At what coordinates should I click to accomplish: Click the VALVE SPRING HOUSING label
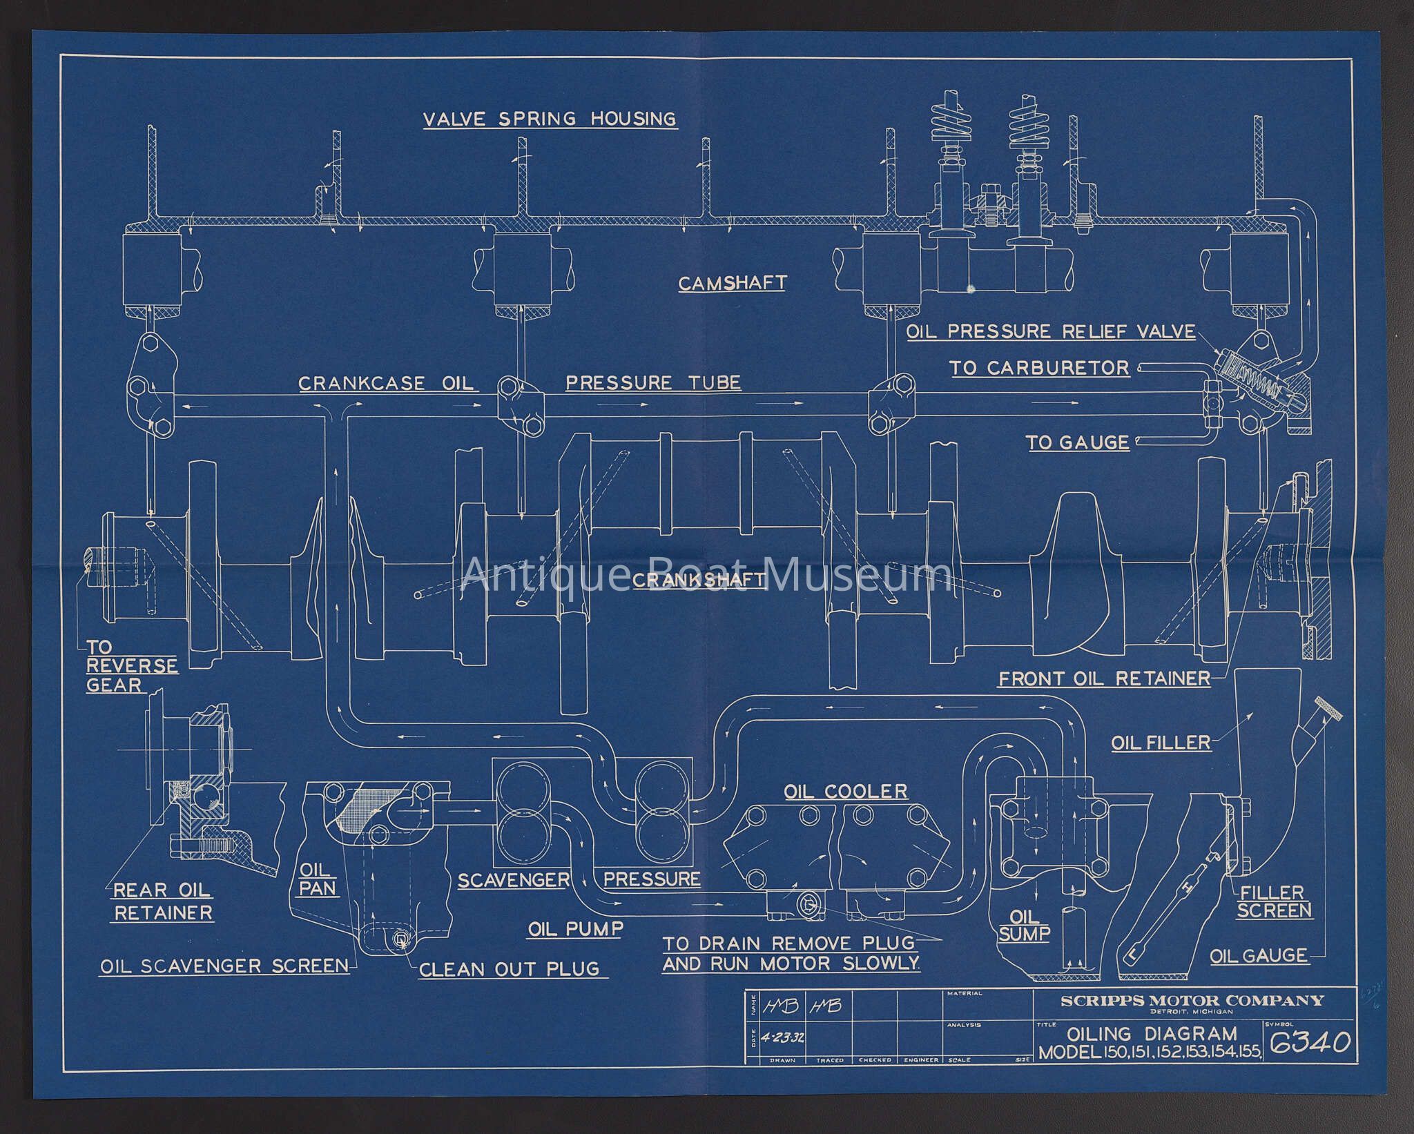(550, 119)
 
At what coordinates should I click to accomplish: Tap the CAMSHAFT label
(732, 283)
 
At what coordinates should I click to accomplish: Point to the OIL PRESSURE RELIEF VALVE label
(1050, 331)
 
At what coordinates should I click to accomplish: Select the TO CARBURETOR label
(1040, 368)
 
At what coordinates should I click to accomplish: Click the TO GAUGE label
(1078, 442)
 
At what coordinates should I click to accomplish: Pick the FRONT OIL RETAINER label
(1104, 678)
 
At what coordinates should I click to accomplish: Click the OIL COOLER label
(846, 791)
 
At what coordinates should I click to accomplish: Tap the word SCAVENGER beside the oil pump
(514, 879)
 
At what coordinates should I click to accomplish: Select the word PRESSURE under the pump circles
(652, 879)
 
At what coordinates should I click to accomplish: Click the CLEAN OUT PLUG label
(509, 969)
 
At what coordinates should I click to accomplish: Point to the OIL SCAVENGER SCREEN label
(224, 966)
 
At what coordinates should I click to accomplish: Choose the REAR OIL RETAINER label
(163, 901)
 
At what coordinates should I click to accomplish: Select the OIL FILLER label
(1161, 743)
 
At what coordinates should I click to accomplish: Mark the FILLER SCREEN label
(1274, 901)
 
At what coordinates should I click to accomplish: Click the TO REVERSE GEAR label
(131, 666)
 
